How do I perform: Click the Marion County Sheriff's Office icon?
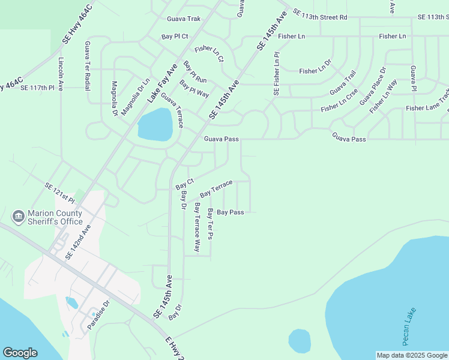pyautogui.click(x=18, y=215)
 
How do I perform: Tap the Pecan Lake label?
pyautogui.click(x=410, y=327)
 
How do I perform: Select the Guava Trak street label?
pyautogui.click(x=183, y=19)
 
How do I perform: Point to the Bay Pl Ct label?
pyautogui.click(x=175, y=37)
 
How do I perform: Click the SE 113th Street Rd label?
pyautogui.click(x=319, y=17)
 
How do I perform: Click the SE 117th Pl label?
pyautogui.click(x=37, y=88)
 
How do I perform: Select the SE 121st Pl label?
pyautogui.click(x=59, y=193)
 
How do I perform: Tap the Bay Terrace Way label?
pyautogui.click(x=197, y=227)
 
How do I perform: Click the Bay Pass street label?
pyautogui.click(x=230, y=212)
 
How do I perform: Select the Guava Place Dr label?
pyautogui.click(x=373, y=91)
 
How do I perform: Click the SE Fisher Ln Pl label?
pyautogui.click(x=277, y=74)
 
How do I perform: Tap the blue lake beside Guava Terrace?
pyautogui.click(x=155, y=125)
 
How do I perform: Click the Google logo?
pyautogui.click(x=20, y=353)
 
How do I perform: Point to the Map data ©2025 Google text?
pyautogui.click(x=412, y=355)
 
